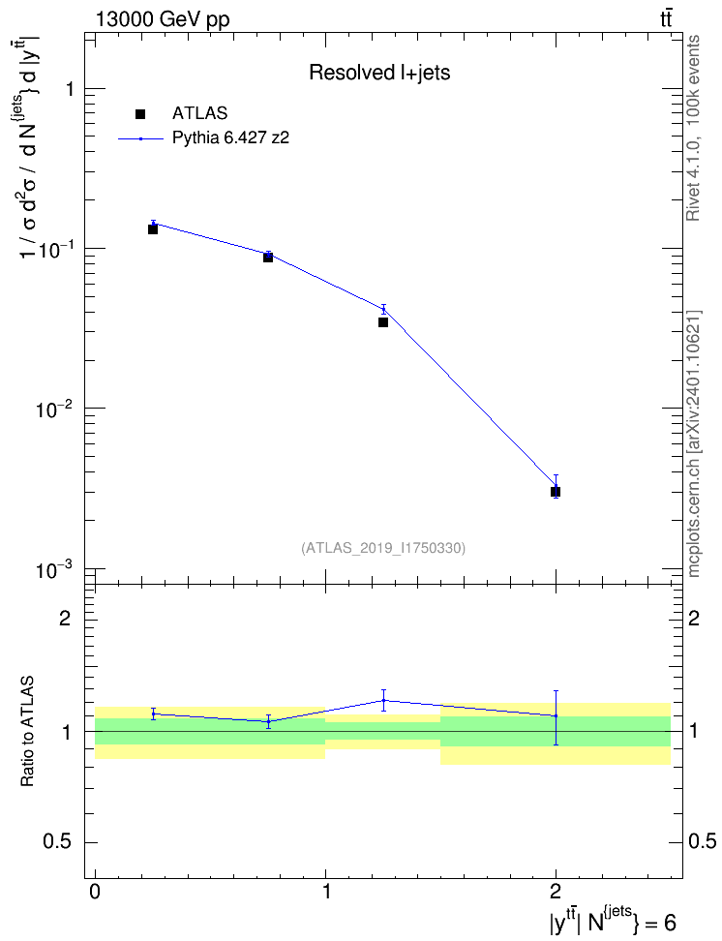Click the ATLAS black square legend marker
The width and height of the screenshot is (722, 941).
point(139,114)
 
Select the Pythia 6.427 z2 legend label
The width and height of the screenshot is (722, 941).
point(230,138)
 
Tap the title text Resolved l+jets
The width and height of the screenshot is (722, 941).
point(379,73)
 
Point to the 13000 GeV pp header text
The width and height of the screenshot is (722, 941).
point(162,19)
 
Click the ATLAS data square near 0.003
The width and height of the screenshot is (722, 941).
point(556,492)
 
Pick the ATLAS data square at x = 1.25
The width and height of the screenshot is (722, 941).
point(383,322)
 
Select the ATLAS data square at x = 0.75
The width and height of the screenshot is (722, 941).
point(268,258)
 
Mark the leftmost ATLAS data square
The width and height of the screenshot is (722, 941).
point(153,229)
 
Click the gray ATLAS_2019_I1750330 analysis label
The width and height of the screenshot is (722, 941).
point(383,548)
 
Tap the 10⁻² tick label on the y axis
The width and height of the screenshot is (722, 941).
point(54,410)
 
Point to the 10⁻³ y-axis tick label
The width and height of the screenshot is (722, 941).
point(54,569)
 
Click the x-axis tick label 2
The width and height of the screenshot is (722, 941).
point(556,891)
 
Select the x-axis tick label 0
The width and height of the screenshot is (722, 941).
point(95,891)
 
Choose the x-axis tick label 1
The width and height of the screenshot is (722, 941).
point(325,891)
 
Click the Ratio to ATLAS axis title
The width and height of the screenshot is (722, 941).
point(27,732)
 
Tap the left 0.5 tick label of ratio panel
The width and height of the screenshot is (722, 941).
point(58,841)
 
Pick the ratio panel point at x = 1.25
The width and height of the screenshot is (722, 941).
point(383,700)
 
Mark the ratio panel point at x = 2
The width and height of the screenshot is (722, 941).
point(556,716)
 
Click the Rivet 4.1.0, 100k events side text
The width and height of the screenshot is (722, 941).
point(693,128)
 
